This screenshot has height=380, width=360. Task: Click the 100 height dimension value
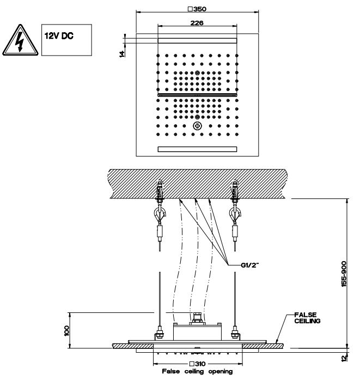click(67, 329)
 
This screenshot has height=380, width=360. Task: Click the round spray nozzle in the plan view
click(197, 126)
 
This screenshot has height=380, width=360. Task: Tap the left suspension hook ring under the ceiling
click(158, 212)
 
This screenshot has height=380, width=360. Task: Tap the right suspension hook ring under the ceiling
click(235, 212)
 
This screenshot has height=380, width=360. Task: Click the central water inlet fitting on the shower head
click(196, 317)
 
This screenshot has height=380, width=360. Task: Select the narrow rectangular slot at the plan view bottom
click(197, 149)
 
